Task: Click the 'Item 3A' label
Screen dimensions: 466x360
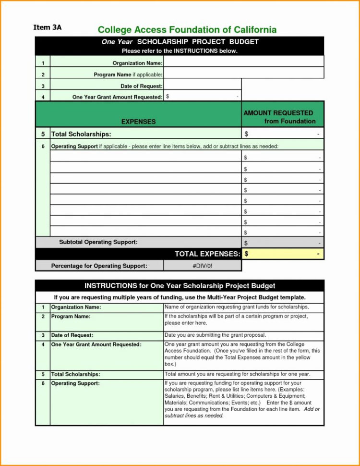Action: pos(47,27)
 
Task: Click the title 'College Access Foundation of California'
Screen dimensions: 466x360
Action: pos(187,30)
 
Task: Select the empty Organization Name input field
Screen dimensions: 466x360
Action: pos(243,62)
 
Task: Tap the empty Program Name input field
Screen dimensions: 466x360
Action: pos(243,74)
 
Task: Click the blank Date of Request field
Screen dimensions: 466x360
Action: pos(202,86)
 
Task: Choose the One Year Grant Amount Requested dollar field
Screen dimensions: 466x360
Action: pos(202,97)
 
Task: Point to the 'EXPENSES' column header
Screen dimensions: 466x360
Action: pos(138,122)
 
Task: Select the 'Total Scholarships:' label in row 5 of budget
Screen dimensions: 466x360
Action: pos(81,134)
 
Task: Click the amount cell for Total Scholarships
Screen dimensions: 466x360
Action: pos(282,134)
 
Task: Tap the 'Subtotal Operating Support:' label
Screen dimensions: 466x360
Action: pos(98,242)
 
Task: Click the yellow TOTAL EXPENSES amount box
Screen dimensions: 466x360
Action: pos(282,254)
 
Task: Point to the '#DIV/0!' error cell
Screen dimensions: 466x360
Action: pos(202,266)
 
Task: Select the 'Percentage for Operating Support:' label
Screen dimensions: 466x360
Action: pos(99,266)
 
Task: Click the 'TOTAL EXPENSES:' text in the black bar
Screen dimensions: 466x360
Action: pos(207,254)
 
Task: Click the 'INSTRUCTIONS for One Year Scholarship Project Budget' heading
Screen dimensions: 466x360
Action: pos(180,286)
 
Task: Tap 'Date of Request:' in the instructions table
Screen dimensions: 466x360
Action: pos(72,335)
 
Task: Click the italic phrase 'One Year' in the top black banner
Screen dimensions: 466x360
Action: pos(117,42)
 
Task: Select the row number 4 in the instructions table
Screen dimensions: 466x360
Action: pos(43,344)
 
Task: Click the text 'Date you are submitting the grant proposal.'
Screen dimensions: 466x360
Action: pos(215,335)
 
